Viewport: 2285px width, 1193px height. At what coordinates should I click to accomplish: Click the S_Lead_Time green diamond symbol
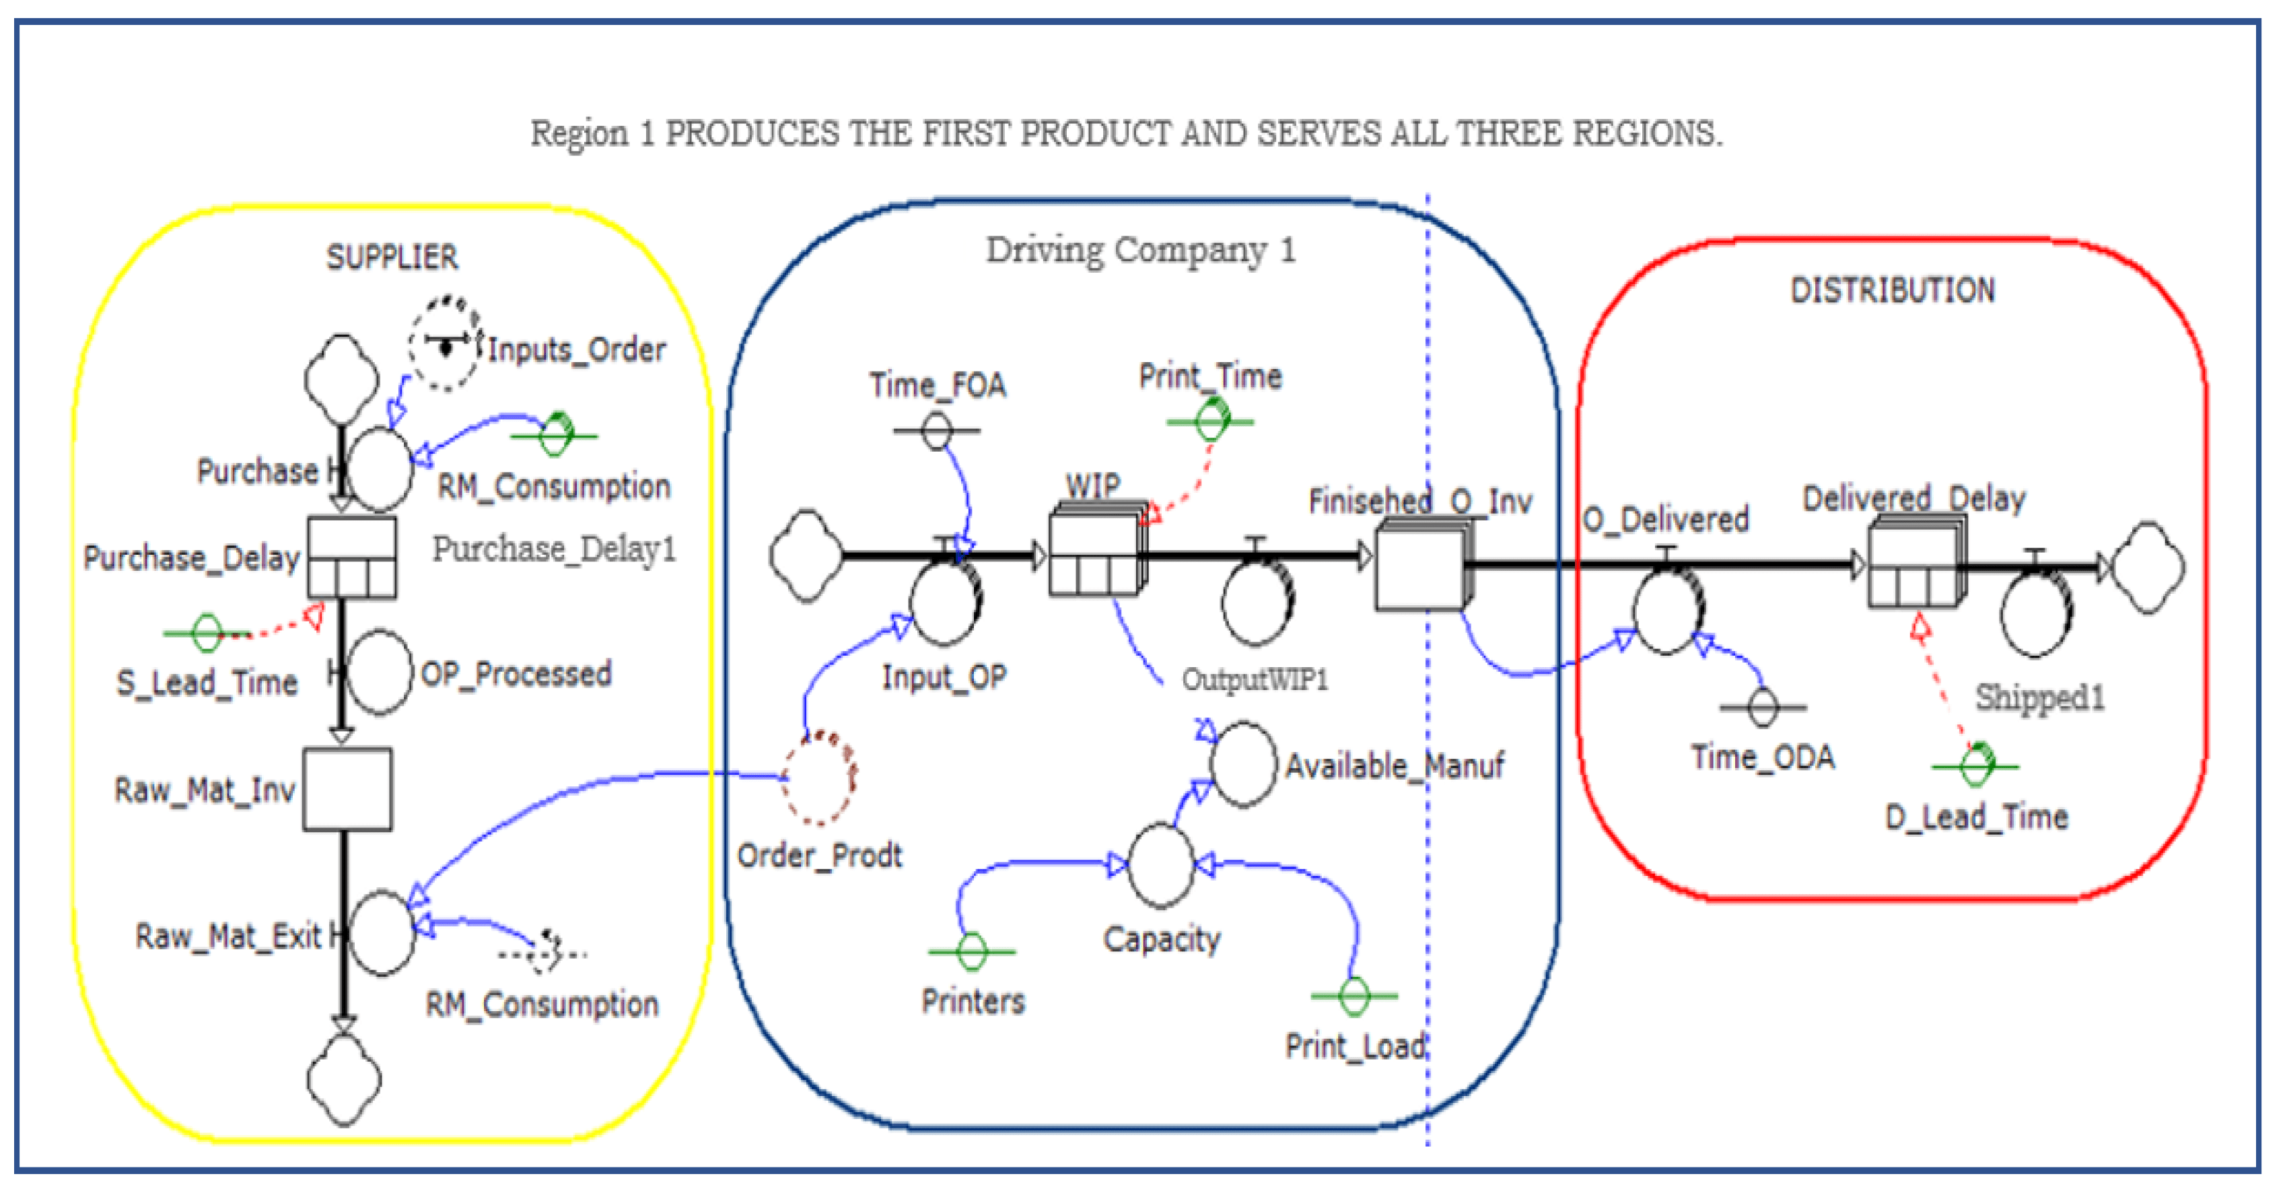pos(206,632)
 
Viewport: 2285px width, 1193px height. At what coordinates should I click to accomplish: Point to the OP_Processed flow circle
pos(379,673)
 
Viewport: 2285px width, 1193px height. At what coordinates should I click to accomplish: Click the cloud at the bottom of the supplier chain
pos(344,1079)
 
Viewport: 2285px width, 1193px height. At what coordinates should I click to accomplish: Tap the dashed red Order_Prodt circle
pos(818,778)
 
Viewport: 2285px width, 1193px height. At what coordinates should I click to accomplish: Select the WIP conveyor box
pos(1094,551)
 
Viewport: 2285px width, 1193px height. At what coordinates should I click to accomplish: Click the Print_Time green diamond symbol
pos(1211,420)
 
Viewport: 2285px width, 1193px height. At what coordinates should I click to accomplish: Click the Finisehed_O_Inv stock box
pos(1419,566)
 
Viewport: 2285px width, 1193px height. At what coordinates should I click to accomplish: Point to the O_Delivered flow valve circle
pos(1668,610)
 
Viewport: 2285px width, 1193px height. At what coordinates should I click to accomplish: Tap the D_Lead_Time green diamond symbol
pos(1975,765)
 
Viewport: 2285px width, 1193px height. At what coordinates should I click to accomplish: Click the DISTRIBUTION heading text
pos(1892,290)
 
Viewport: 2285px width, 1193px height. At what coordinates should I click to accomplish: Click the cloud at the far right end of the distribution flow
pos(2148,567)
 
